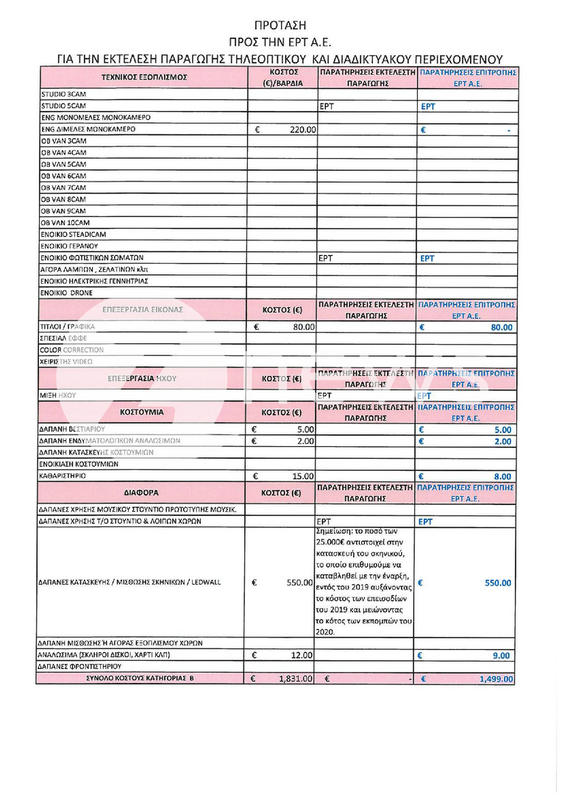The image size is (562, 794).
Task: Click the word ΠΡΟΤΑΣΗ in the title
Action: pyautogui.click(x=280, y=25)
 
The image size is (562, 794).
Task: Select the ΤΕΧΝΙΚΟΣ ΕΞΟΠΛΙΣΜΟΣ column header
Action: pyautogui.click(x=144, y=76)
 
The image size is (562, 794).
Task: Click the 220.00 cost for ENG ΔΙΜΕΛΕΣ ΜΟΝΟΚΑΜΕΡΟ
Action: pyautogui.click(x=302, y=129)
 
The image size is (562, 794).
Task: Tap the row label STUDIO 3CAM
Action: pyautogui.click(x=63, y=95)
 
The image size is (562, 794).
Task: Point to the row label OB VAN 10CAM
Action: pyautogui.click(x=65, y=223)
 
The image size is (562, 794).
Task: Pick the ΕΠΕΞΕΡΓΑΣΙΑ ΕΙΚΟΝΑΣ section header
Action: pyautogui.click(x=144, y=310)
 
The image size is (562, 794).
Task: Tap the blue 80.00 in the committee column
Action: pyautogui.click(x=502, y=328)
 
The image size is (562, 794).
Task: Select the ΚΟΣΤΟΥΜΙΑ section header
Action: pyautogui.click(x=141, y=412)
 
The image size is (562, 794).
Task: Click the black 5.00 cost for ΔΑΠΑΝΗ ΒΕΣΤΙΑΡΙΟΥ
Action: pyautogui.click(x=306, y=429)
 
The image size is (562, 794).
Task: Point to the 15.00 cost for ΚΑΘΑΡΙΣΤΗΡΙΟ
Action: pyautogui.click(x=304, y=476)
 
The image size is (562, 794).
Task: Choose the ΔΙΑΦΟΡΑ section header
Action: pyautogui.click(x=141, y=492)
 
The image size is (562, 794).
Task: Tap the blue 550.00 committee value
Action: pyautogui.click(x=497, y=583)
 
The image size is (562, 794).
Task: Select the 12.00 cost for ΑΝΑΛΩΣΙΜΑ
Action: pyautogui.click(x=304, y=655)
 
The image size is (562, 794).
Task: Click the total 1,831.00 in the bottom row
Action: pyautogui.click(x=296, y=679)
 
